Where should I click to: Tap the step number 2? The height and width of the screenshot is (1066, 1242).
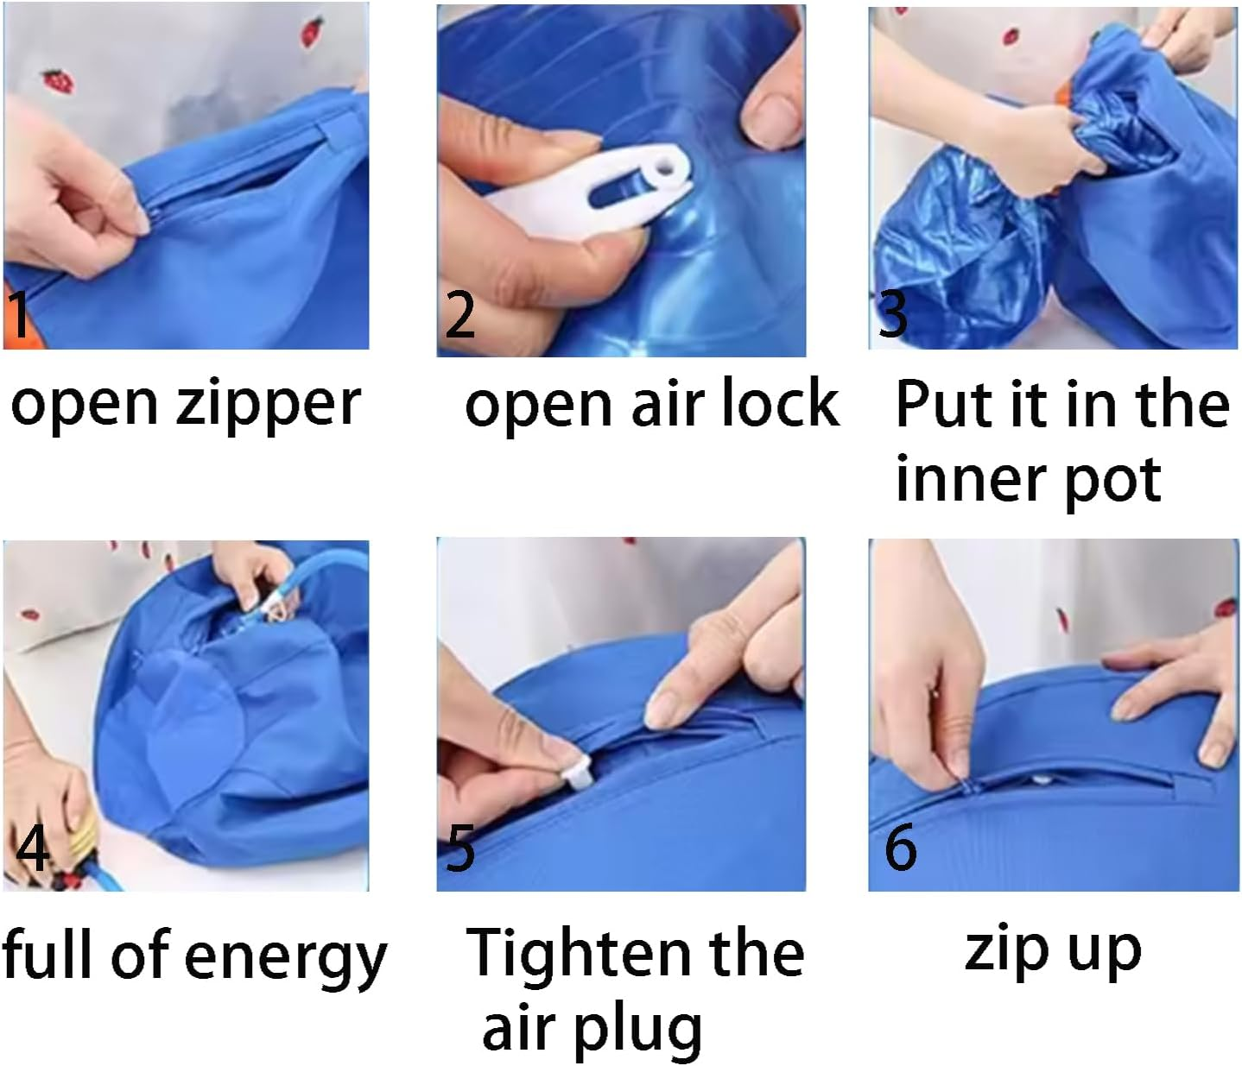point(459,314)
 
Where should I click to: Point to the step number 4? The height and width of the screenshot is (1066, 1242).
point(32,847)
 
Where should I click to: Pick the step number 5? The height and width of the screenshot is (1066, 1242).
point(460,847)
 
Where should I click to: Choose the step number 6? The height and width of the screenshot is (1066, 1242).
point(901,846)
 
